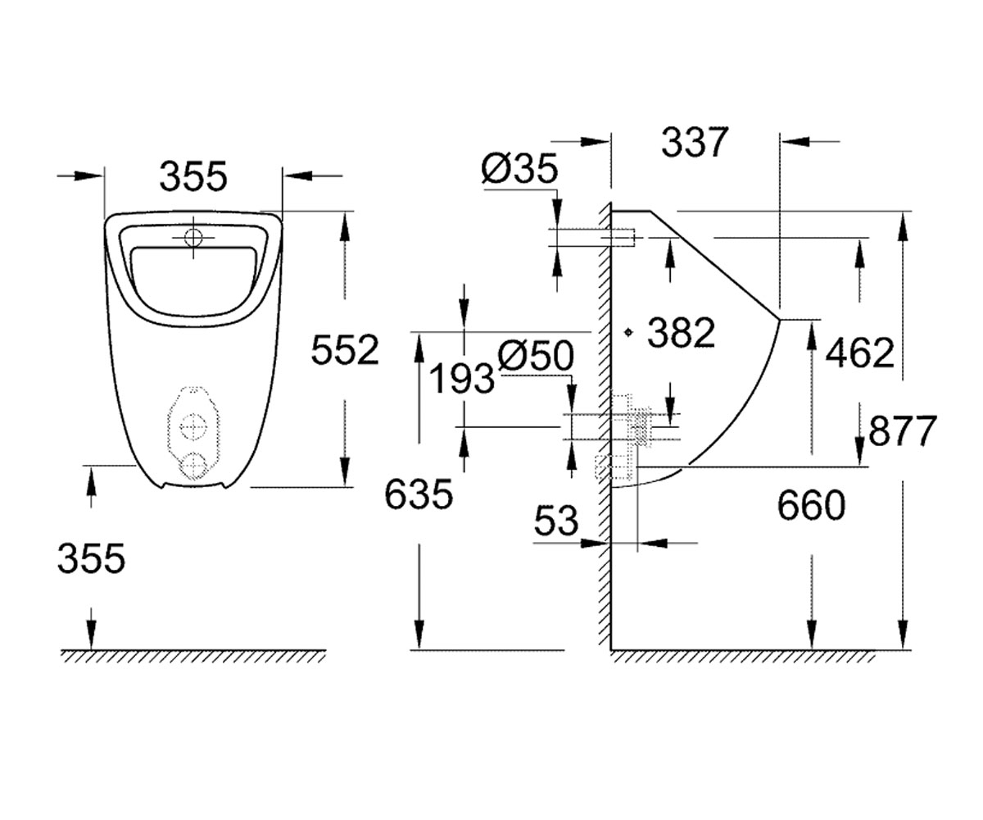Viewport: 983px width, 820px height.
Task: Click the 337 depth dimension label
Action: pyautogui.click(x=695, y=142)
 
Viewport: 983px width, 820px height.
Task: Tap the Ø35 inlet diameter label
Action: pyautogui.click(x=519, y=168)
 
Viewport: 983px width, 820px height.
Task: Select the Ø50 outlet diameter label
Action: pyautogui.click(x=536, y=355)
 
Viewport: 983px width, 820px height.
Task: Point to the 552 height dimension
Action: pyautogui.click(x=345, y=349)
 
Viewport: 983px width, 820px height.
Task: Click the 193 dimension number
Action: pyautogui.click(x=462, y=378)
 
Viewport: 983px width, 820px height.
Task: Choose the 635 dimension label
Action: pyautogui.click(x=419, y=494)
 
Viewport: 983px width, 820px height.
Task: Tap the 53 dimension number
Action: pyautogui.click(x=556, y=521)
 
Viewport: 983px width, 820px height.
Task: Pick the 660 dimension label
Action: pyautogui.click(x=811, y=505)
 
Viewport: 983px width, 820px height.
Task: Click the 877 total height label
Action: pyautogui.click(x=903, y=430)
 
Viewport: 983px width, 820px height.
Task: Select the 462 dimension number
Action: pyautogui.click(x=859, y=353)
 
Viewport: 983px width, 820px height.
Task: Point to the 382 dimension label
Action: pyautogui.click(x=682, y=333)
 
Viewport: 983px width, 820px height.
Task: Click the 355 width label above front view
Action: pyautogui.click(x=193, y=177)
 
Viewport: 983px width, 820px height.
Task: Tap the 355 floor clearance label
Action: pyautogui.click(x=91, y=558)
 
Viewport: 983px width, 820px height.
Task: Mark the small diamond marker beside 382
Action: pyautogui.click(x=628, y=333)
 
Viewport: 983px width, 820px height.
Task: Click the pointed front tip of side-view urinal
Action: pyautogui.click(x=780, y=320)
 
